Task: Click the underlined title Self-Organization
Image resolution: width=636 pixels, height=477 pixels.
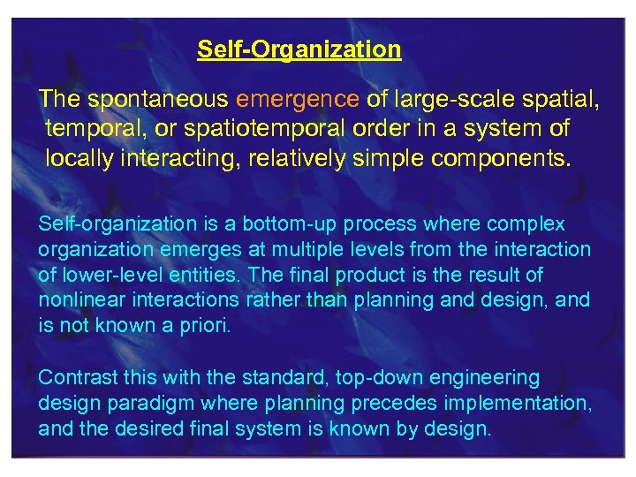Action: pos(299,49)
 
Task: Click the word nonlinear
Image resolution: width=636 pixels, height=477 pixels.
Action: pos(77,300)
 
